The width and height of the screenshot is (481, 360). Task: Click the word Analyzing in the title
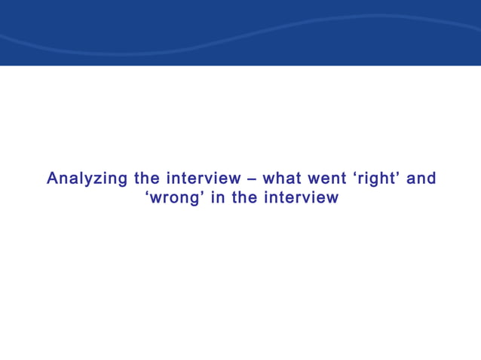[x=87, y=179]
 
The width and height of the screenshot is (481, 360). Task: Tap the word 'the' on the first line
[x=147, y=179]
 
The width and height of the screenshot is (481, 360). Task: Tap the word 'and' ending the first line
[x=421, y=179]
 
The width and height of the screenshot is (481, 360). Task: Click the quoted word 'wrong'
[x=176, y=198]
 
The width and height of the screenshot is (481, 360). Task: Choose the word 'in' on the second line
[x=218, y=198]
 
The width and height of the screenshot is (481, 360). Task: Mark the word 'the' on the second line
[x=244, y=198]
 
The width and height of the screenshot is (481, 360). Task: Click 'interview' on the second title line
[x=301, y=198]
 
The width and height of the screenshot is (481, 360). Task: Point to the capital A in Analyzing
[x=52, y=178]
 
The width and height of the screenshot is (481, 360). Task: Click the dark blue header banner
[x=240, y=30]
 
